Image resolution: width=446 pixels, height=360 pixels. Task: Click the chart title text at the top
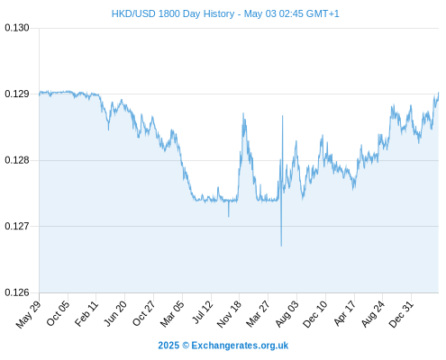[x=225, y=13]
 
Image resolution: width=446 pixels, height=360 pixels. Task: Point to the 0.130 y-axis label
[x=17, y=28]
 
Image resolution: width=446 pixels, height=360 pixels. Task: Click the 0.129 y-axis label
[x=17, y=94]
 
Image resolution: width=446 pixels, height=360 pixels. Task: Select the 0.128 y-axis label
[x=17, y=160]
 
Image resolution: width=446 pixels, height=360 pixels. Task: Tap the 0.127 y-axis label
[x=17, y=226]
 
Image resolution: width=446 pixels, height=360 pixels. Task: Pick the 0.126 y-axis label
[x=17, y=292]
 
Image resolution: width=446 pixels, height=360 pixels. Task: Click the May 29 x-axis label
[x=28, y=314]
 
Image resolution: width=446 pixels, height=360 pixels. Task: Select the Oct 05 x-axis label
[x=58, y=313]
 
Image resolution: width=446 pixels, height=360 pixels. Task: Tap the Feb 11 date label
[x=86, y=313]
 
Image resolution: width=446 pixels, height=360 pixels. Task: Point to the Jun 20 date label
[x=115, y=313]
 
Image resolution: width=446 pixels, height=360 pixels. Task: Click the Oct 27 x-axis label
[x=144, y=313]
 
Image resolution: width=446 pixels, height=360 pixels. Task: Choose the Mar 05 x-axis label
[x=172, y=314]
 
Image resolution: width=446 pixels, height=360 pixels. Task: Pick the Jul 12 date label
[x=203, y=312]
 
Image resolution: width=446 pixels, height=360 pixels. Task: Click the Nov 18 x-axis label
[x=229, y=314]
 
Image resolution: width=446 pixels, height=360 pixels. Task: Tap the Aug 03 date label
[x=287, y=314]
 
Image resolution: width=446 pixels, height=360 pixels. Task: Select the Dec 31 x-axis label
[x=401, y=314]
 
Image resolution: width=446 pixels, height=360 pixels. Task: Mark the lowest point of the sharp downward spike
[x=281, y=247]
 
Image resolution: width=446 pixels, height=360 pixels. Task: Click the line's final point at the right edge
[x=439, y=93]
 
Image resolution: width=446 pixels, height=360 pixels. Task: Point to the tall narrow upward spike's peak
[x=282, y=115]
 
